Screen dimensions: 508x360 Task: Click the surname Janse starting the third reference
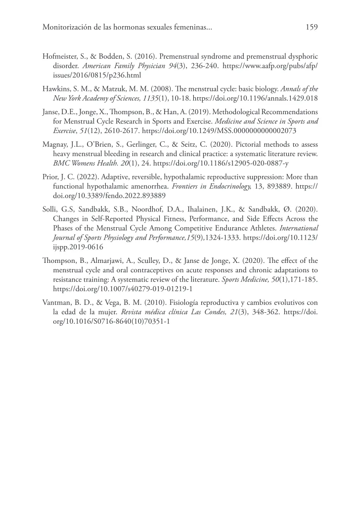(51, 112)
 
